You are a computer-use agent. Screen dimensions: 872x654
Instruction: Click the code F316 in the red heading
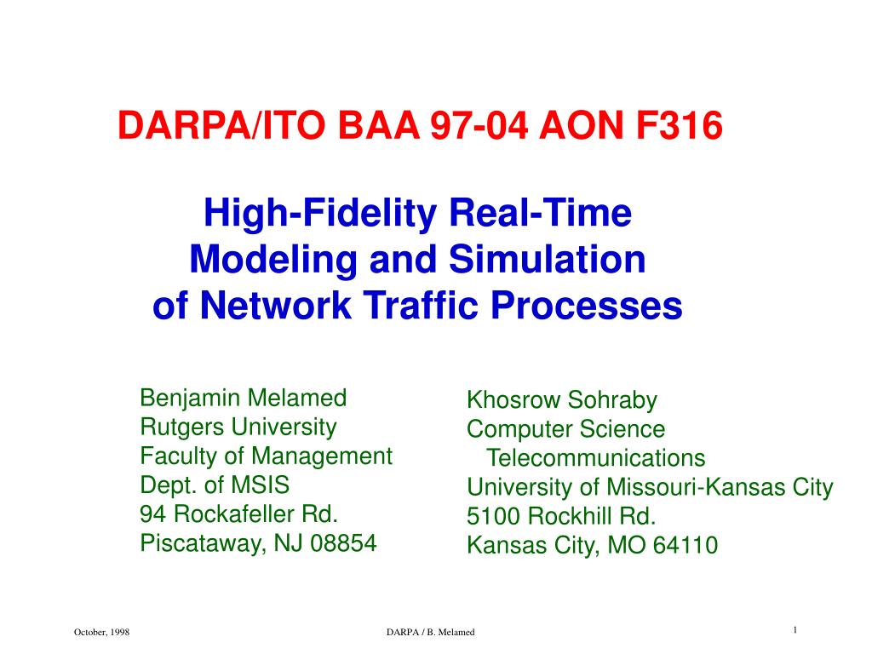coord(679,125)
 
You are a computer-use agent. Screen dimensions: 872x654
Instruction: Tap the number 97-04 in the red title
coord(479,125)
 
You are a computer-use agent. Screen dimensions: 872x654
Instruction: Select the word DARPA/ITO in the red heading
coord(221,125)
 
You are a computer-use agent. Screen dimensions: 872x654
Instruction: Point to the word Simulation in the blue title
coord(548,260)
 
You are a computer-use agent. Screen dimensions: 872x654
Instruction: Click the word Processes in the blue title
coord(587,306)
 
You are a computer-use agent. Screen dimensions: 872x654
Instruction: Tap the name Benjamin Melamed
coord(244,399)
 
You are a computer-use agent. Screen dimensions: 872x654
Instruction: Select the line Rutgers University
coord(238,428)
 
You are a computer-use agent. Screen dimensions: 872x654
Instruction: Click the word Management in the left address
coord(322,457)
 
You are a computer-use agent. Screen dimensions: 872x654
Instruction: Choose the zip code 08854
coord(344,542)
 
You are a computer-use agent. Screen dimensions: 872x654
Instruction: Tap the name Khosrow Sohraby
coord(562,400)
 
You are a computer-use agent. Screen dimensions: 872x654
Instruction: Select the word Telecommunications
coord(596,458)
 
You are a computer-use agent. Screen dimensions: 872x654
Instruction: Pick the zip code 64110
coord(686,545)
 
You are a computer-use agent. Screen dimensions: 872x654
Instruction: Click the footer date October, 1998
coord(102,633)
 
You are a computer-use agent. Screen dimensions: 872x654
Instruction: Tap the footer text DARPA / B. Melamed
coord(430,633)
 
